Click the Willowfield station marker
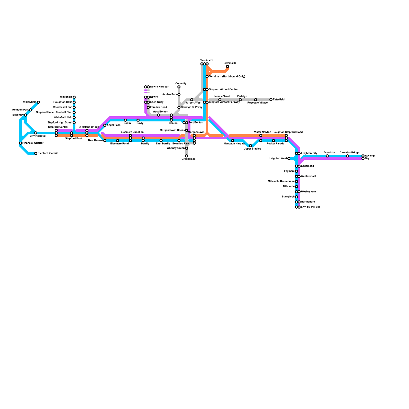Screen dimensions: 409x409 coord(38,102)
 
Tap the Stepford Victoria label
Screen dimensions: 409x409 coord(48,153)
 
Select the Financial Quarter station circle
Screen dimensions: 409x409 coord(20,143)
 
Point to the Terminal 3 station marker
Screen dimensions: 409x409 coord(228,66)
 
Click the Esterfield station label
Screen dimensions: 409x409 coord(279,100)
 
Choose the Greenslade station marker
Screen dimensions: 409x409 coord(187,156)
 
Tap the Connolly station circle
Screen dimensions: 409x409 coord(179,87)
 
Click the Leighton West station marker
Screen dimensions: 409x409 coord(289,158)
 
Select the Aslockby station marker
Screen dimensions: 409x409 coord(327,156)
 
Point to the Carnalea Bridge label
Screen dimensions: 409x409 coord(349,153)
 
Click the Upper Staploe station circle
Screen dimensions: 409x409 coord(251,146)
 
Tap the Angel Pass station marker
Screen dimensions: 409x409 coord(105,125)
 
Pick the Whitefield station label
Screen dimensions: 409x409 coord(66,97)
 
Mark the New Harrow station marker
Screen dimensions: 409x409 coord(105,141)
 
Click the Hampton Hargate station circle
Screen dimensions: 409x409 coord(233,141)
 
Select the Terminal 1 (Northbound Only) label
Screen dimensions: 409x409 coord(227,77)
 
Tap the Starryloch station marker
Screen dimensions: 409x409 coord(297,197)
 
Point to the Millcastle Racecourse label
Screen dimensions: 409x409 coord(281,181)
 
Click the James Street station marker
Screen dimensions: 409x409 coord(220,100)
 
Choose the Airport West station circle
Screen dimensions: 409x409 coord(192,100)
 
